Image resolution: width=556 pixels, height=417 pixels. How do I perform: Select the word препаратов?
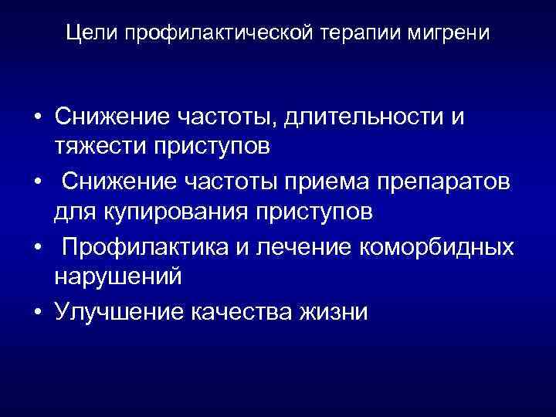pyautogui.click(x=436, y=181)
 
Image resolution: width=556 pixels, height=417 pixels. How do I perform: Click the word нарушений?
pyautogui.click(x=118, y=275)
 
